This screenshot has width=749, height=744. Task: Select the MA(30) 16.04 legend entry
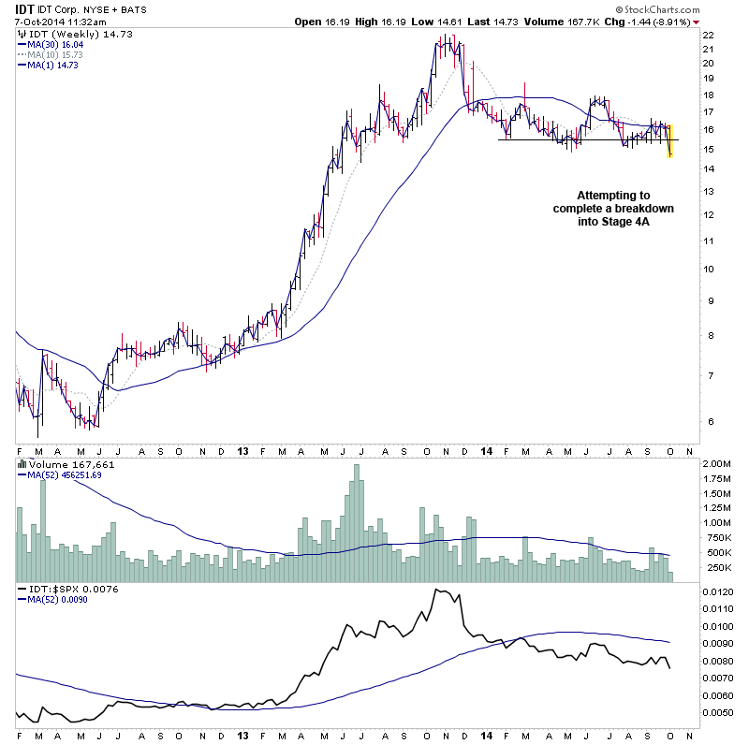point(57,44)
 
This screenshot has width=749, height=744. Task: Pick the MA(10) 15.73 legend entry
point(57,54)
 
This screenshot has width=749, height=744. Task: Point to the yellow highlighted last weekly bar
point(670,141)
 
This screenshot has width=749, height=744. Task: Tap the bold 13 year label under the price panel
point(242,450)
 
